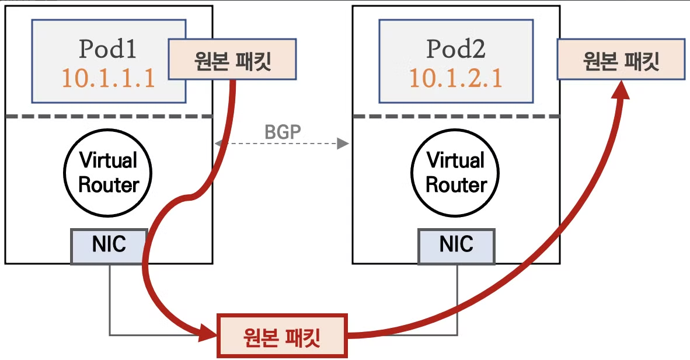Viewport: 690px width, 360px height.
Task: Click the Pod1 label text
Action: (108, 50)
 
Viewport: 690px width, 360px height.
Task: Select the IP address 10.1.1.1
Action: (108, 78)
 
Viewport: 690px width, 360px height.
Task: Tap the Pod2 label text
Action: (456, 50)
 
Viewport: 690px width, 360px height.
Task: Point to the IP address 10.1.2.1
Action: (456, 78)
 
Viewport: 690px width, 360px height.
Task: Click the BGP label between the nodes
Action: (283, 132)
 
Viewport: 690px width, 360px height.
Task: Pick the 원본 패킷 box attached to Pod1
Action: (232, 59)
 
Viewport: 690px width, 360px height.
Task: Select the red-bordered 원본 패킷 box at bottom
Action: (283, 335)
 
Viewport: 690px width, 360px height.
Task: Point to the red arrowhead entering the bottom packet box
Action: (207, 333)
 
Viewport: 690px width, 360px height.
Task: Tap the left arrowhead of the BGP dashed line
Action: (218, 143)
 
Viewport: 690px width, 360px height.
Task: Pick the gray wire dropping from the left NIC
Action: (110, 298)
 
